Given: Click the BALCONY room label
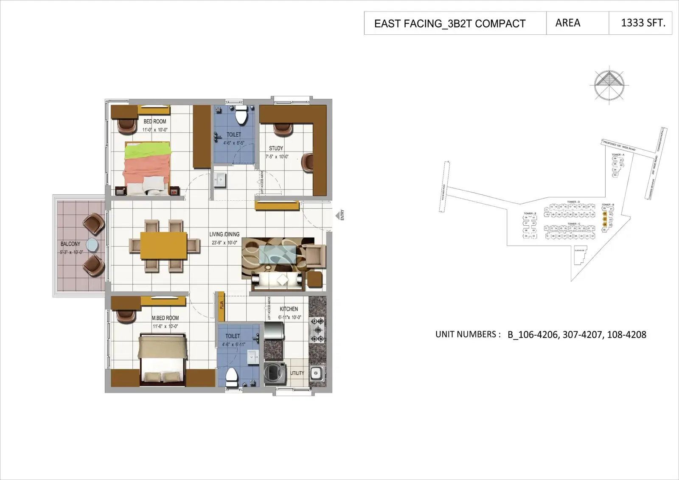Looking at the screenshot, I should tap(70, 244).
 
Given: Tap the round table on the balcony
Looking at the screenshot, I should tap(92, 245).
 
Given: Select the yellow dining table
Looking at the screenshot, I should tap(163, 245).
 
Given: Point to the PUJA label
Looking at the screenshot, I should tap(222, 306).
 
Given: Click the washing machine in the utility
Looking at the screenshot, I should tap(273, 373).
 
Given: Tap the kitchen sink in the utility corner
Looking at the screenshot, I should tap(316, 373).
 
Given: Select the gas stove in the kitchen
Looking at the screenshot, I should tap(317, 330).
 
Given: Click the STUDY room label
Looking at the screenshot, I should tap(276, 148).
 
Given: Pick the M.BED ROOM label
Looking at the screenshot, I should tap(165, 318).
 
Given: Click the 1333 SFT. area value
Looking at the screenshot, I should tap(643, 23).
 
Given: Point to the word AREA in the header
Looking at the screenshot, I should tap(567, 23).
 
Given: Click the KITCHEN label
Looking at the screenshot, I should tap(289, 309).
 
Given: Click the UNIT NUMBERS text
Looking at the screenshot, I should tap(465, 334).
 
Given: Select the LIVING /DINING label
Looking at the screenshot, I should tap(224, 234).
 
